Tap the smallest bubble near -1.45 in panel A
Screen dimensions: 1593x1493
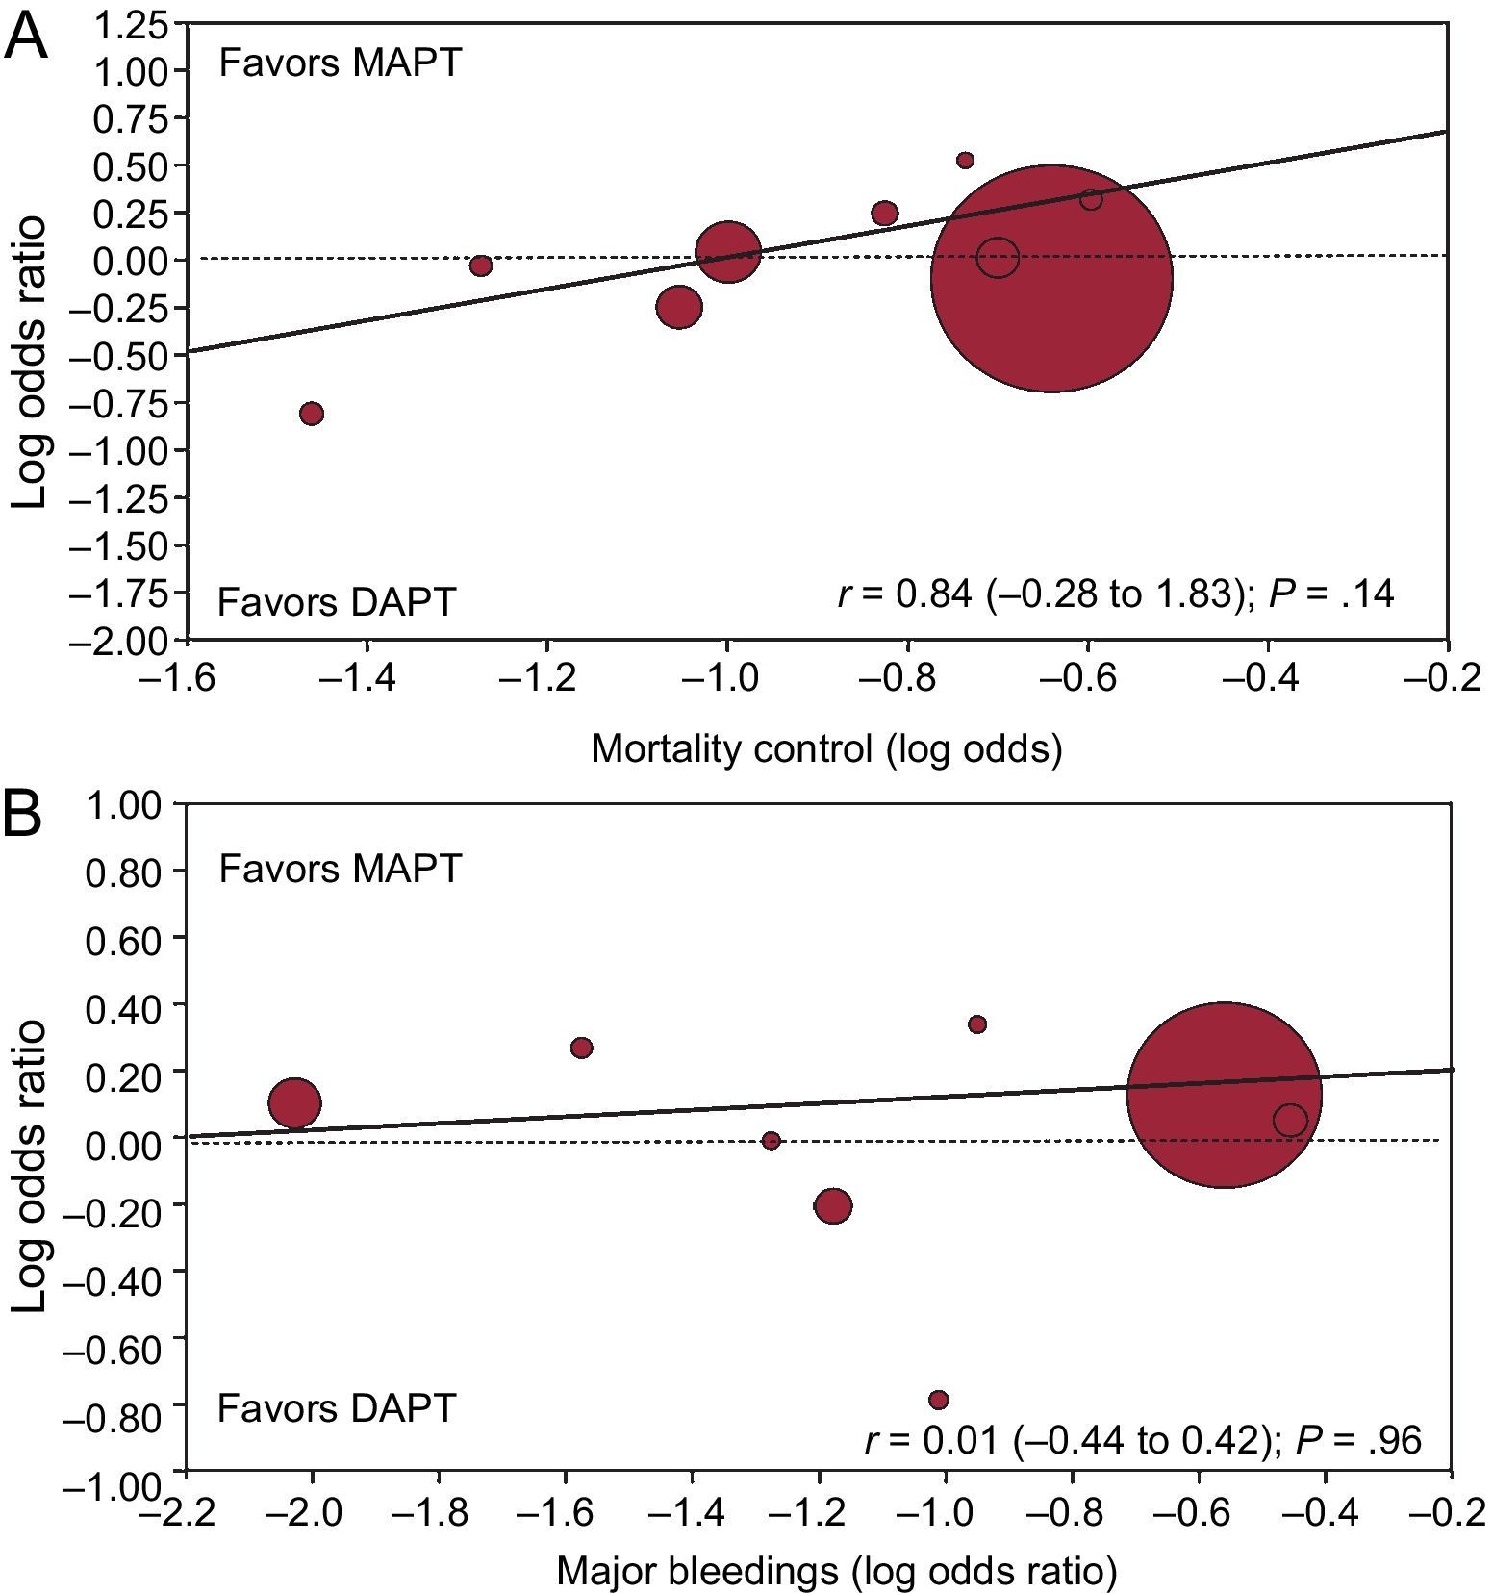tap(312, 414)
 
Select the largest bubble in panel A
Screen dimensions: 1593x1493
tap(1051, 279)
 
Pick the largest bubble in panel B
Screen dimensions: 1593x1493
tap(1224, 1095)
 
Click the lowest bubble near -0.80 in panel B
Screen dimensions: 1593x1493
tap(939, 1400)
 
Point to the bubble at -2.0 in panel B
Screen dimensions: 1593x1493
tap(294, 1103)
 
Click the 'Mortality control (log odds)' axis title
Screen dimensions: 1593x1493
tap(826, 748)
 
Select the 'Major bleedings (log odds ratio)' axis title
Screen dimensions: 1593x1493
tap(836, 1571)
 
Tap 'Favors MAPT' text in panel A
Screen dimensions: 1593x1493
tap(341, 63)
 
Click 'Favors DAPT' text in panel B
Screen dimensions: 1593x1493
tap(336, 1407)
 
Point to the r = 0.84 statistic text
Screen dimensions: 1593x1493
tap(1115, 594)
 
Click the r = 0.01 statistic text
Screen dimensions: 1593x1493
tap(1143, 1440)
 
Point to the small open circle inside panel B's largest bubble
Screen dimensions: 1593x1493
tap(1290, 1120)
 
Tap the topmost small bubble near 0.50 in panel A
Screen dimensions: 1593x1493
tap(965, 160)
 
